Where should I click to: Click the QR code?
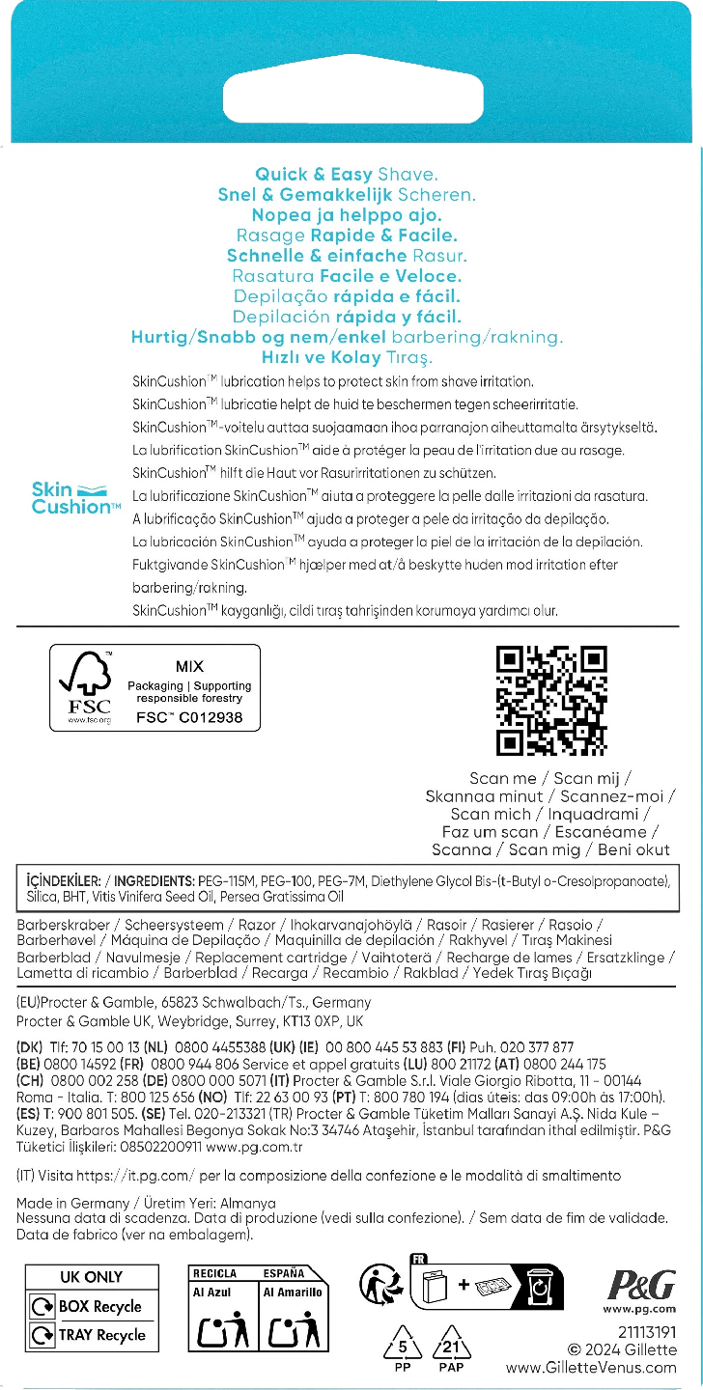click(551, 701)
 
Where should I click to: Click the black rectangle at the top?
click(351, 97)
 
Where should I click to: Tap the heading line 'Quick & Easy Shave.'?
click(347, 175)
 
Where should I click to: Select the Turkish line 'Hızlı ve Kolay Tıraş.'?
click(345, 357)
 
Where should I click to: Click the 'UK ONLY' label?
click(91, 1276)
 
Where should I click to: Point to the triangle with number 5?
click(407, 1346)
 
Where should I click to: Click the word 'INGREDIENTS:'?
click(154, 881)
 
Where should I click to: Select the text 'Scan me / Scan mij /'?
click(550, 778)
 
